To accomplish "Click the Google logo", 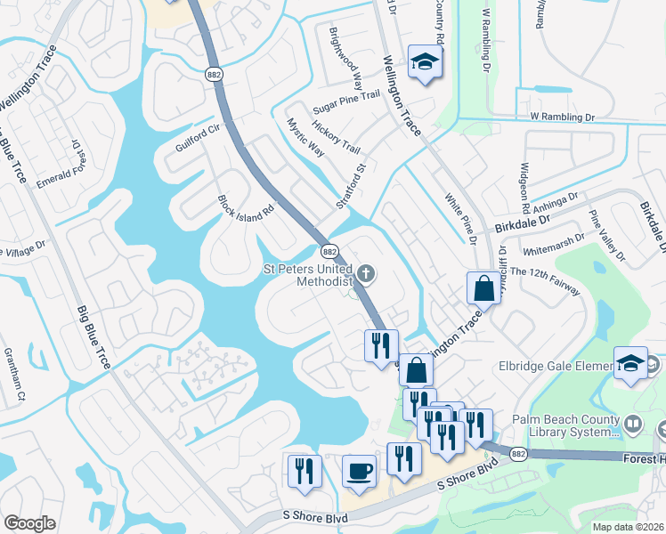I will tap(29, 523).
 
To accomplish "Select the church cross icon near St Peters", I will tap(366, 272).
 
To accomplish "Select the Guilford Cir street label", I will tap(197, 139).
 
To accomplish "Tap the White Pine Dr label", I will tap(459, 221).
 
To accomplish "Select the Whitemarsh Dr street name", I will tap(555, 245).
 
